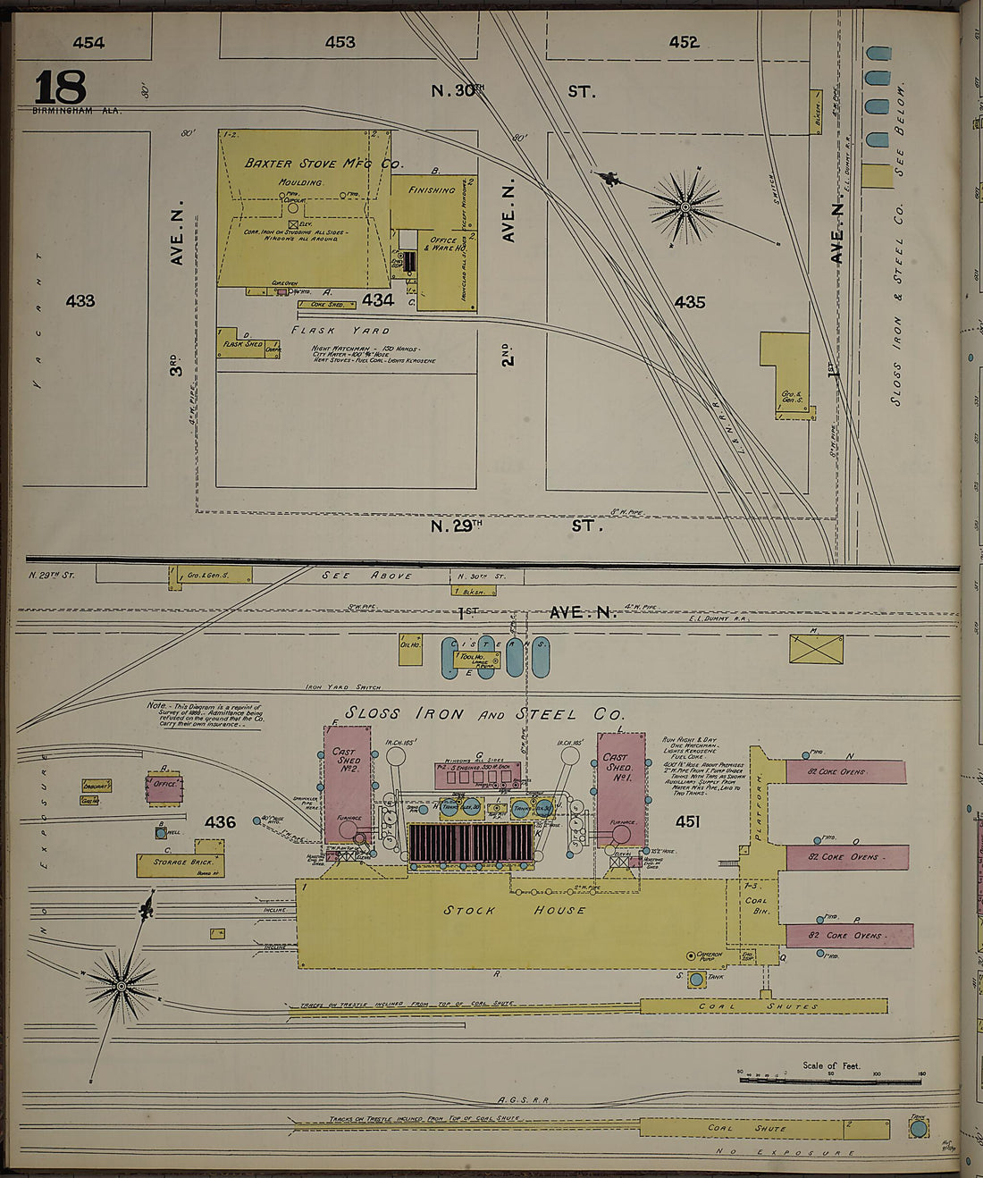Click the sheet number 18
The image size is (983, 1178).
[60, 88]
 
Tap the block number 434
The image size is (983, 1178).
[378, 300]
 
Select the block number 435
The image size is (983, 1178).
[690, 302]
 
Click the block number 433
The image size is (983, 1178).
[80, 301]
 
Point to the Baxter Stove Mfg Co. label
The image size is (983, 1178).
[323, 164]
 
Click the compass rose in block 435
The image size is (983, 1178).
[685, 207]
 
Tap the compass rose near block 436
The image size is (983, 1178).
[121, 985]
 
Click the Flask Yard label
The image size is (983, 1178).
[340, 330]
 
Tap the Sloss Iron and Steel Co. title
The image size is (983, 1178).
[484, 714]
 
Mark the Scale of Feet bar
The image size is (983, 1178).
[830, 1080]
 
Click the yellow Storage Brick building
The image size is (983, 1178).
[180, 864]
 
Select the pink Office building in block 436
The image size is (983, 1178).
[164, 787]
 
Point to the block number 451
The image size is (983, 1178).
[687, 821]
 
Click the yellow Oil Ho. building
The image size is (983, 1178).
[410, 650]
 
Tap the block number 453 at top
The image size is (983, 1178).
[340, 42]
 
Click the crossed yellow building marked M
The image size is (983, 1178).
[816, 649]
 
